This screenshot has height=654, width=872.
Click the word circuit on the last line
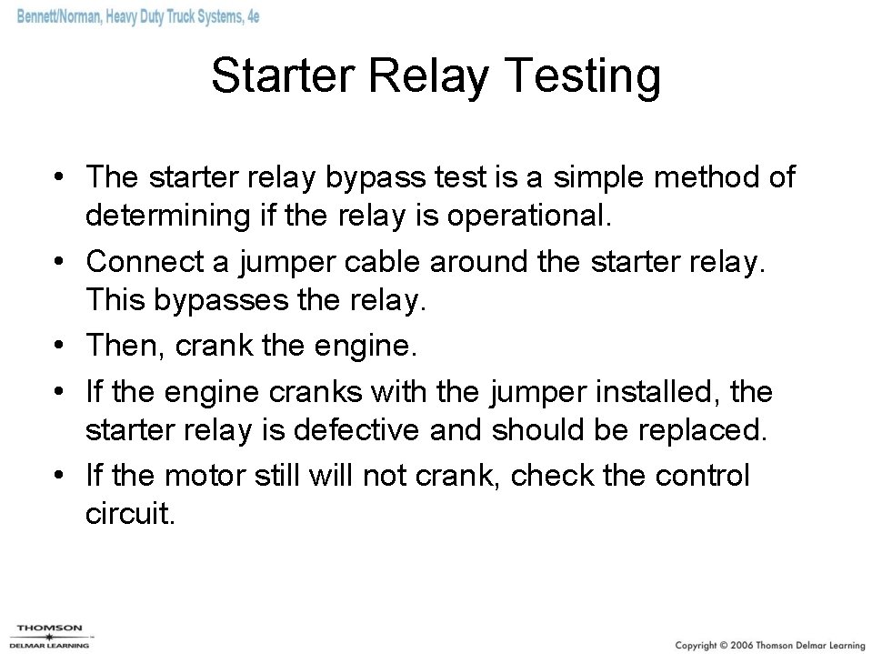click(x=128, y=514)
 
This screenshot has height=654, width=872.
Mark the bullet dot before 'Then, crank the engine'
click(x=59, y=346)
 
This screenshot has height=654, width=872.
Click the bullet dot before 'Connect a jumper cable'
click(x=59, y=263)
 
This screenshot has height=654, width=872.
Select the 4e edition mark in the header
click(x=249, y=17)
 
